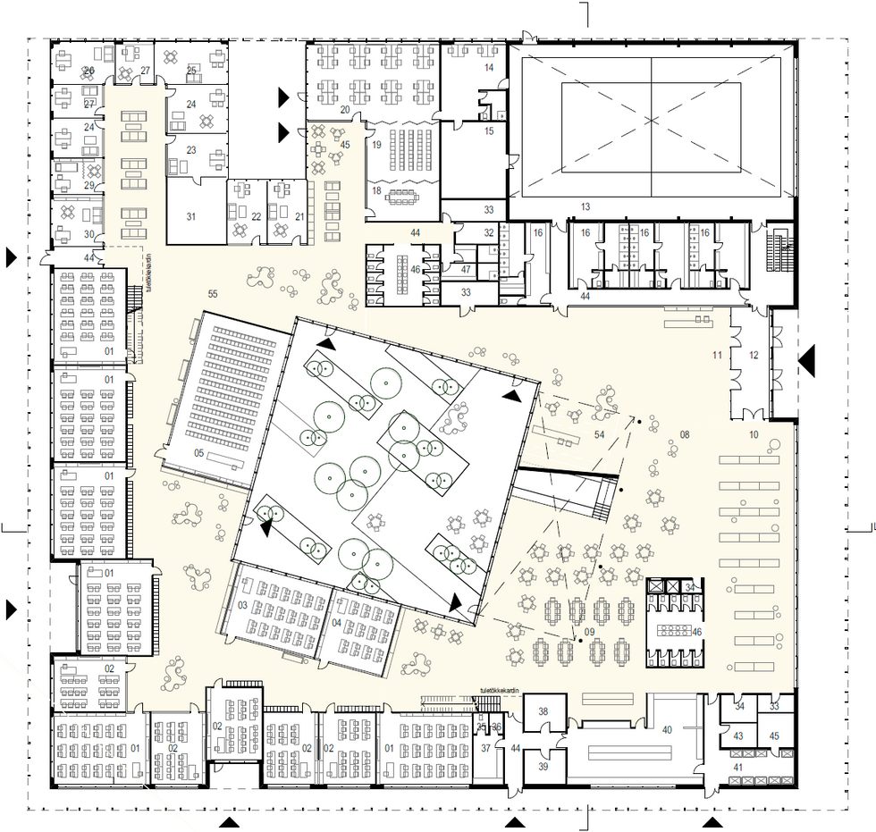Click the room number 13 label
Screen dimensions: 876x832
(x=585, y=206)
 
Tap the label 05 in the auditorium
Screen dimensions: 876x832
(x=200, y=455)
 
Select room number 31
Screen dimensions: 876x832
(x=190, y=216)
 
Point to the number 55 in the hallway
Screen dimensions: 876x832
(x=213, y=293)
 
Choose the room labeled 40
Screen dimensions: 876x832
(x=667, y=729)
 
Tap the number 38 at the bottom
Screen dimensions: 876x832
(x=543, y=712)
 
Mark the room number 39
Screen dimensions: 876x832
(x=543, y=767)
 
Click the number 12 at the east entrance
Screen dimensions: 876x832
(x=753, y=356)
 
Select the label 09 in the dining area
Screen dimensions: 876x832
(x=589, y=633)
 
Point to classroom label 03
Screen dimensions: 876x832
(x=242, y=606)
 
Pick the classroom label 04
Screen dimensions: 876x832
(x=337, y=622)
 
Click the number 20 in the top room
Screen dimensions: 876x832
(x=345, y=110)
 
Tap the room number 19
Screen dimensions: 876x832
(x=377, y=144)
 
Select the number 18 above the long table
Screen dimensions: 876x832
(x=376, y=190)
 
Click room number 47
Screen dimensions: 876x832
(x=466, y=269)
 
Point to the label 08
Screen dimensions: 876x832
(x=685, y=434)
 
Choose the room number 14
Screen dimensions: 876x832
(x=489, y=68)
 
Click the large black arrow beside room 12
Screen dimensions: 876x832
(x=807, y=360)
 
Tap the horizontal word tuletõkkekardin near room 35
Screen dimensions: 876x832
(x=500, y=690)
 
